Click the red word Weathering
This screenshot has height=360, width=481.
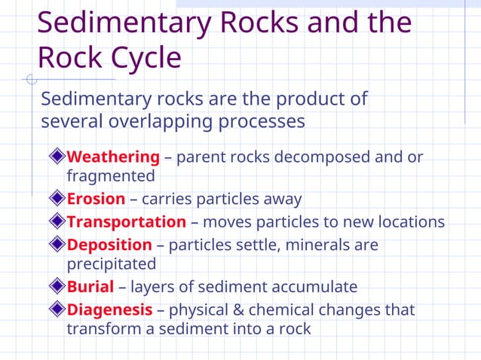point(113,157)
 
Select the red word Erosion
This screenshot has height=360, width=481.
point(96,200)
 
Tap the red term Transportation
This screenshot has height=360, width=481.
point(126,222)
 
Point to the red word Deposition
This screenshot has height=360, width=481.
point(109,245)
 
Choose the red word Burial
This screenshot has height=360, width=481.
point(90,287)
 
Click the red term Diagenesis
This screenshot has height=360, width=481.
point(110,310)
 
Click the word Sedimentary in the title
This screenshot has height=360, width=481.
point(124,23)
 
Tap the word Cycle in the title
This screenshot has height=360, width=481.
point(144,58)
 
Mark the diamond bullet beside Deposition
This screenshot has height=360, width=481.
point(58,245)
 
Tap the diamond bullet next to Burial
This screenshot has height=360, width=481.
point(58,287)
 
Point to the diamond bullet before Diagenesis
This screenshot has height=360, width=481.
point(58,310)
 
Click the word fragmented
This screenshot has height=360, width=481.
point(111,177)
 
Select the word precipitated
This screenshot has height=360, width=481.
point(112,264)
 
